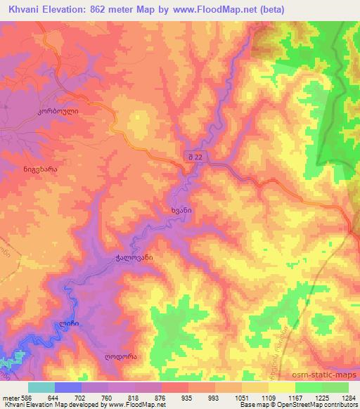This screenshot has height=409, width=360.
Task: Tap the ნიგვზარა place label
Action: [35, 169]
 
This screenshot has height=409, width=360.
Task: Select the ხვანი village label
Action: [181, 209]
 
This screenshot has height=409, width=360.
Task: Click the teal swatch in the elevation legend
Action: [41, 387]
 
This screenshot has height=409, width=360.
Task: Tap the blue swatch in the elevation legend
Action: [68, 387]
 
